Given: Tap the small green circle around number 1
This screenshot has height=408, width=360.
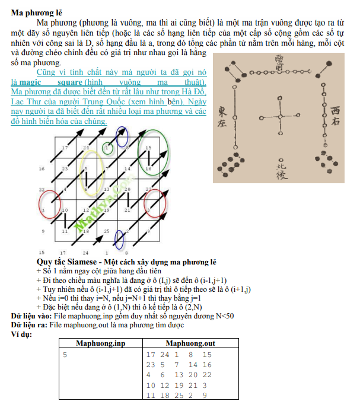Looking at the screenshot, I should (x=108, y=147).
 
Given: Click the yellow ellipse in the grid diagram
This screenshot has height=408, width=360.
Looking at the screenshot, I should (x=92, y=173).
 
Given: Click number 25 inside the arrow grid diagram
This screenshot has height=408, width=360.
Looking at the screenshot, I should (x=107, y=231).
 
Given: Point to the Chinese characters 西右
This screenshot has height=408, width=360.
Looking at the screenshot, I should (x=336, y=117).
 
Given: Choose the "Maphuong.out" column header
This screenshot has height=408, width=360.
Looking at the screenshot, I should (x=190, y=343).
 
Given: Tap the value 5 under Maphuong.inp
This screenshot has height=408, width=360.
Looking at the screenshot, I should (x=66, y=354).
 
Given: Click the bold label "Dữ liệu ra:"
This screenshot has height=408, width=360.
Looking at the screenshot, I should (x=28, y=324).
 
